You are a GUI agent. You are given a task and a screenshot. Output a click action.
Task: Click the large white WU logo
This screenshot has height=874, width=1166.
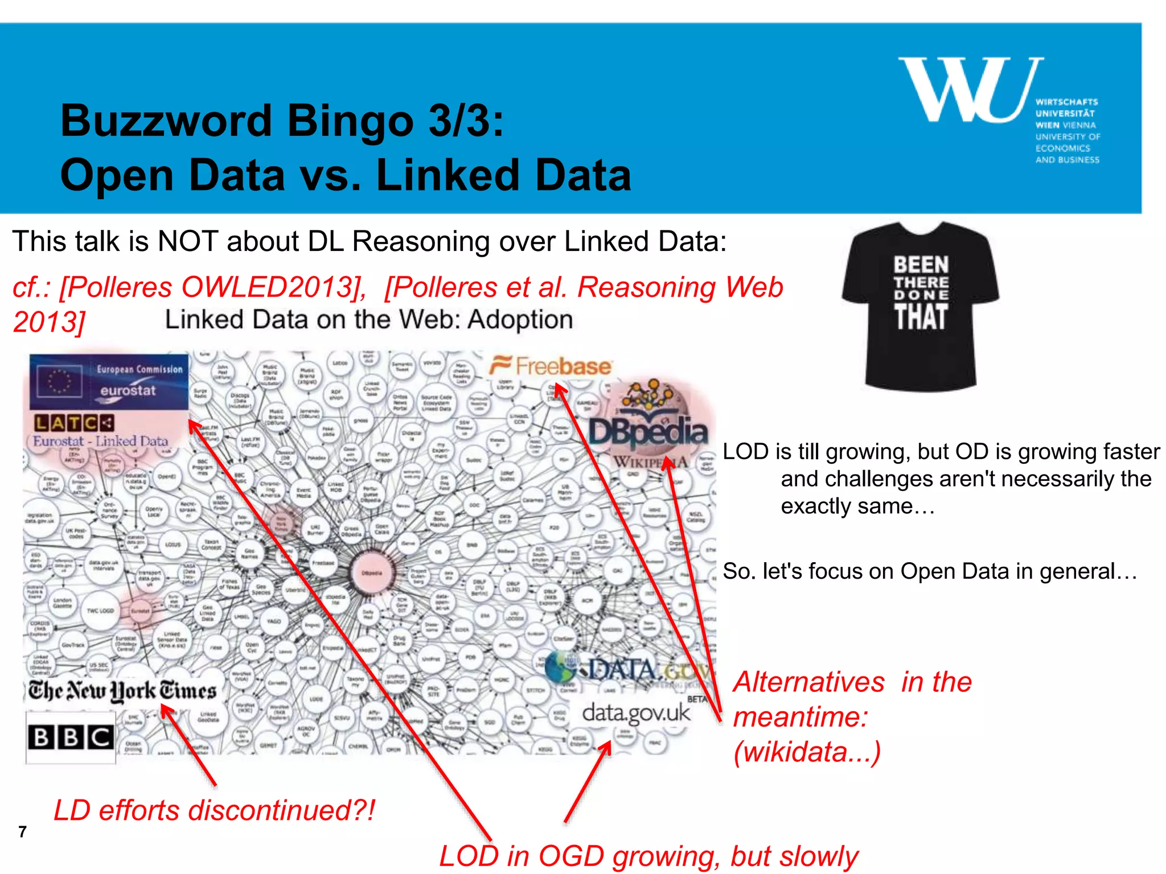tap(971, 90)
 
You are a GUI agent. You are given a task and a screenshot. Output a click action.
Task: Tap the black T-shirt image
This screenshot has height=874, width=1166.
tap(921, 306)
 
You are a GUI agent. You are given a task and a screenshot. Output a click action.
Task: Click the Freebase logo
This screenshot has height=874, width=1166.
tap(551, 366)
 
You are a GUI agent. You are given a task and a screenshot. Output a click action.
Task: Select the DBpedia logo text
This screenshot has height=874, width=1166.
tap(648, 432)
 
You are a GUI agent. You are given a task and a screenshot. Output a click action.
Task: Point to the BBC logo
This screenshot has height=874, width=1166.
tap(71, 737)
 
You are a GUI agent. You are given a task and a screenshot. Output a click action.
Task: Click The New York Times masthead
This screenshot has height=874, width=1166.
tap(122, 691)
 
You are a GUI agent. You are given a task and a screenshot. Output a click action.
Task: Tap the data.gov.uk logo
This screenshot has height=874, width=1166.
tap(636, 712)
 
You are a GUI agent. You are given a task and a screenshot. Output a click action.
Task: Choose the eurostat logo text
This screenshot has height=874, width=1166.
tap(128, 391)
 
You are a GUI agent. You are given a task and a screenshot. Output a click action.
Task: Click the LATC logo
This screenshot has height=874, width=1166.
tap(74, 423)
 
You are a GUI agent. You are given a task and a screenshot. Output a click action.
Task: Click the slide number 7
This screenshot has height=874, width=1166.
tap(22, 832)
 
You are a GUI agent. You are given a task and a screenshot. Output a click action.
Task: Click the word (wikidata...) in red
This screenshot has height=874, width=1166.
tap(807, 752)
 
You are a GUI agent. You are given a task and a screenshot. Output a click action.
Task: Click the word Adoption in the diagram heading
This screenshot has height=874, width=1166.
tap(520, 320)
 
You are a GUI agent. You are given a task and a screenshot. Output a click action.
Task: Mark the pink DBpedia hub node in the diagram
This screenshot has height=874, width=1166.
tap(372, 572)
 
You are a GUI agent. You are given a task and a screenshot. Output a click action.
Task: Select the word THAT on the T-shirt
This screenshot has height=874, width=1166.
tap(921, 317)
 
